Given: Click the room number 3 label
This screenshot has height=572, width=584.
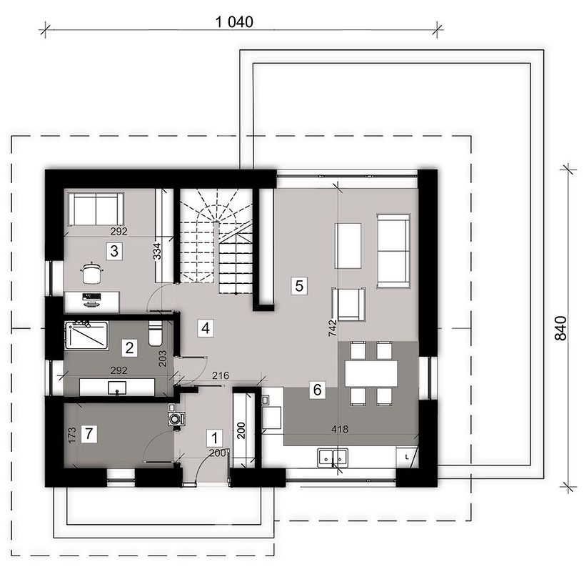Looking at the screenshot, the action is [114, 251].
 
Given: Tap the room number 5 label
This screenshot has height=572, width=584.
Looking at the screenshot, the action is [299, 286].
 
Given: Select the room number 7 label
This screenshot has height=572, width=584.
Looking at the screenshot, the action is [89, 434].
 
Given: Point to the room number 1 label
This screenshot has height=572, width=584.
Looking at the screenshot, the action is [214, 438].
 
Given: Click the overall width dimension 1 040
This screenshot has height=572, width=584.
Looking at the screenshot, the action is [234, 22].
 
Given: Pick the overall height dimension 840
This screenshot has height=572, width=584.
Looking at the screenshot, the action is [561, 328].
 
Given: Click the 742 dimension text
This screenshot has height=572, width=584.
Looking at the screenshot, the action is [333, 328].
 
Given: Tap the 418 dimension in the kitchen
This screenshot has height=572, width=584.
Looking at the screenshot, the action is [340, 430].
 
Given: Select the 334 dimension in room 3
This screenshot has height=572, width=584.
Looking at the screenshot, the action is [158, 251].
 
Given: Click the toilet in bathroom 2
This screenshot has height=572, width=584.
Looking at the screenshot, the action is [155, 333].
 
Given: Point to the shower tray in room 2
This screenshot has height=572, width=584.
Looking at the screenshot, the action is [87, 335].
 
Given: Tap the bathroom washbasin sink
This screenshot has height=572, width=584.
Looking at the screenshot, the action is [117, 388].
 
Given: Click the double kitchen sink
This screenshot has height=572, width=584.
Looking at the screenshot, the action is [333, 458].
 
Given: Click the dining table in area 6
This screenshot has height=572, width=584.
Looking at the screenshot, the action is [371, 374].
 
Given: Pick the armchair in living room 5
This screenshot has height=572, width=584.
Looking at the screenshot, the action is [348, 304].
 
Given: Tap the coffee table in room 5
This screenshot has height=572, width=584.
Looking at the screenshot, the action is [348, 245].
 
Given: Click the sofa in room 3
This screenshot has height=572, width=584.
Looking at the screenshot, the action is [96, 209].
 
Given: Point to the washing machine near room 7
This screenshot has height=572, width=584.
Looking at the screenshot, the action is [175, 418].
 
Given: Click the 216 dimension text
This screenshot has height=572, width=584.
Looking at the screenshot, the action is [221, 375].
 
